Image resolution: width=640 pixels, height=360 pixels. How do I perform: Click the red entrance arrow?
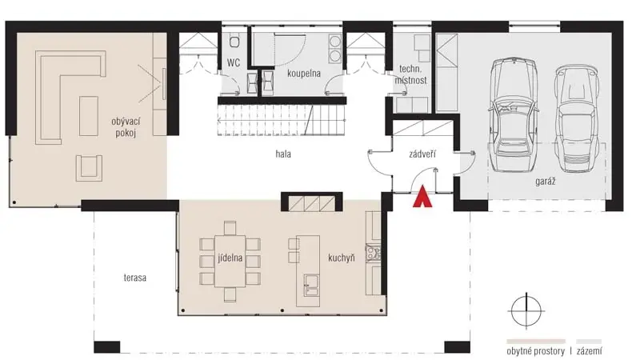(x=422, y=197)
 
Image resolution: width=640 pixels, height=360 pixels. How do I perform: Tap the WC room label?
(x=234, y=63)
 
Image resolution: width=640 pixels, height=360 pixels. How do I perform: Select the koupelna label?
(x=304, y=74)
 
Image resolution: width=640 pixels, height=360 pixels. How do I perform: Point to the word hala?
(x=283, y=154)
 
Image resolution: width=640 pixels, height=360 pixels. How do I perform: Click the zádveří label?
(x=422, y=154)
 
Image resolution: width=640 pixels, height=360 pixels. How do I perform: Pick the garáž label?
(x=546, y=181)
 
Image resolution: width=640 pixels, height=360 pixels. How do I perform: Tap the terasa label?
(x=134, y=278)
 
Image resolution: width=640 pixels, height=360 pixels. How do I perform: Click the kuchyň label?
(x=342, y=258)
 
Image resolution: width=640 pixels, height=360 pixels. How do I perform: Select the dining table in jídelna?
(x=230, y=262)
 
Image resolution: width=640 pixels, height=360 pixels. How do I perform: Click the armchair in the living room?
(x=89, y=168)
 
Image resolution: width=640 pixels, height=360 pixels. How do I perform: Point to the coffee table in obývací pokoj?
(x=89, y=116)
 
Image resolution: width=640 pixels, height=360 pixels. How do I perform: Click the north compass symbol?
(x=526, y=310)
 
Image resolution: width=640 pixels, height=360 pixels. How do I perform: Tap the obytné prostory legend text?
(x=535, y=351)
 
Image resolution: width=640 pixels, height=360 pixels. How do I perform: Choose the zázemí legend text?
(x=589, y=351)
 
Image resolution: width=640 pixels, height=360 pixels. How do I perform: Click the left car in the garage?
(x=513, y=115)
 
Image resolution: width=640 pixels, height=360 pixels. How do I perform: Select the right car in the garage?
(x=577, y=118)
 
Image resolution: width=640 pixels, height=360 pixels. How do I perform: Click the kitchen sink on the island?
(x=311, y=285)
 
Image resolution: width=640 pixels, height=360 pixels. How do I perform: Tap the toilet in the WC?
(x=234, y=42)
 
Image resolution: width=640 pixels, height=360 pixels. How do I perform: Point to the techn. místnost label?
(x=410, y=74)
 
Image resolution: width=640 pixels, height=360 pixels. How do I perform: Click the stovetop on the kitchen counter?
(x=373, y=253)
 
